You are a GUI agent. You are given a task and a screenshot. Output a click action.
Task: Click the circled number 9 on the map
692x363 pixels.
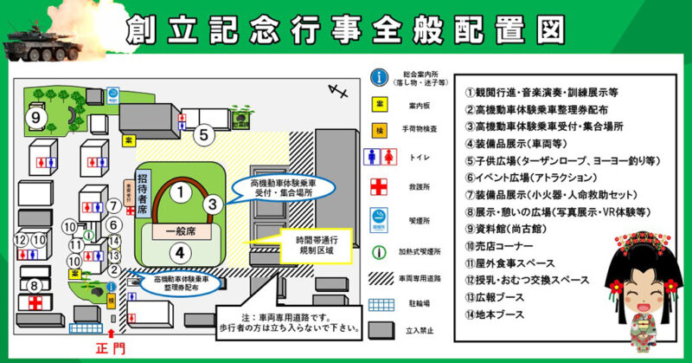coord(36,117)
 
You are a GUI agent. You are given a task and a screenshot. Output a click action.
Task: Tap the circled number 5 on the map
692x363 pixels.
coord(203,134)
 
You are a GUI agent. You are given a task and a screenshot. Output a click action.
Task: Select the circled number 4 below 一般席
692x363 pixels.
coord(177,253)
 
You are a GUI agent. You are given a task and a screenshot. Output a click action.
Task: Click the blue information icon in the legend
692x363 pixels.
coord(378,77)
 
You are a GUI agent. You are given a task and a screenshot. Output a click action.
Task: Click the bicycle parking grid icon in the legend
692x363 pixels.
coord(378,306)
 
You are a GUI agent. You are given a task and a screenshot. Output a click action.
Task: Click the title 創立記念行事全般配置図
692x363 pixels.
coord(346,30)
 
